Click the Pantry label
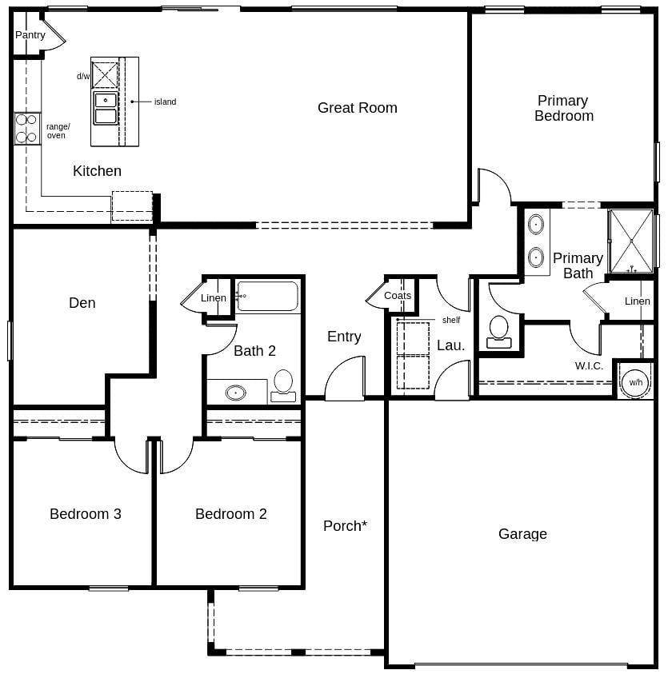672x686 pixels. (30, 35)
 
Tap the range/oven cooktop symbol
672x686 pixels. (26, 128)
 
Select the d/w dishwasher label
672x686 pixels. (83, 77)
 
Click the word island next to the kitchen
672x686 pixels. (165, 102)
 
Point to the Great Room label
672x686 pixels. (357, 108)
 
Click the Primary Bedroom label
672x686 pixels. (563, 108)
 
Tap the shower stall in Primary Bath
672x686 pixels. (631, 241)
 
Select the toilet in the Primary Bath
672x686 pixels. (499, 331)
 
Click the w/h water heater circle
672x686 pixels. (635, 382)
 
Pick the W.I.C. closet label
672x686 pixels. (589, 366)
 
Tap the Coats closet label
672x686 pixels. (398, 296)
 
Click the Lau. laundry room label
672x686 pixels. (450, 345)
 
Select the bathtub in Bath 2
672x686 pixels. (267, 296)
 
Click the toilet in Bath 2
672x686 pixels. (283, 384)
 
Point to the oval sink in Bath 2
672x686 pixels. (235, 393)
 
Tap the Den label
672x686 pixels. (82, 303)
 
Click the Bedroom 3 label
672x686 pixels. (86, 514)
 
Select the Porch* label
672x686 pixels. (345, 526)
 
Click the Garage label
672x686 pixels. (522, 534)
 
